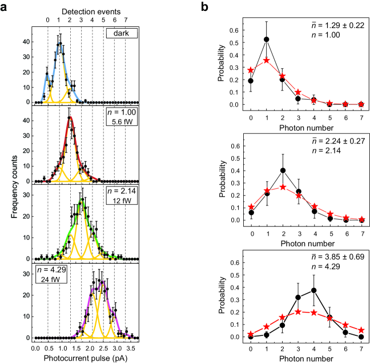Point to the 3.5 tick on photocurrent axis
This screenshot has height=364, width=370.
coord(131,347)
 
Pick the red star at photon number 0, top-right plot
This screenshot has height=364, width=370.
coord(251,70)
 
